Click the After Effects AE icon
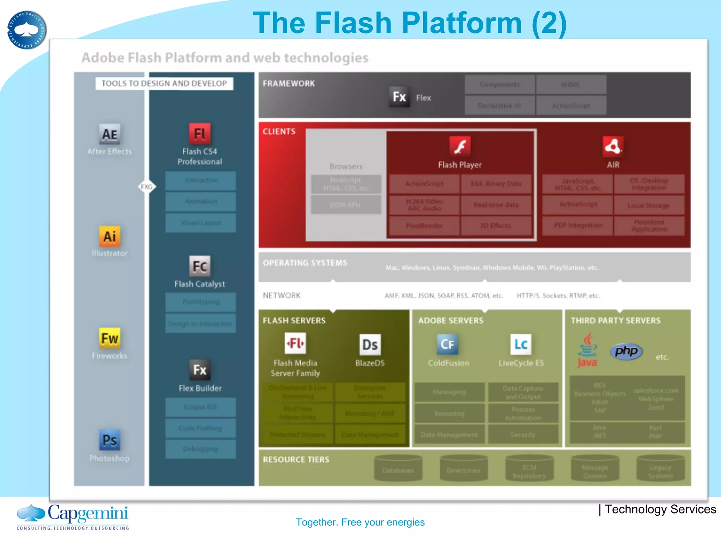[109, 134]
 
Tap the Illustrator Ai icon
[109, 236]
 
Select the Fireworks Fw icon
[109, 338]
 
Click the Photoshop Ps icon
[109, 440]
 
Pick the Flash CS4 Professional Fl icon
[200, 134]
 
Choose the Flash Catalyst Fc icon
[200, 266]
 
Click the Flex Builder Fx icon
[200, 370]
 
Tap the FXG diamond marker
[147, 187]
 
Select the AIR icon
[613, 146]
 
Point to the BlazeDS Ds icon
[370, 344]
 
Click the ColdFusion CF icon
[447, 344]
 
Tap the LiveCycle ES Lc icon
[521, 344]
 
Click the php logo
[626, 351]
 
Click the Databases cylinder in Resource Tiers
[398, 468]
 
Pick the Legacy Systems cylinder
[660, 468]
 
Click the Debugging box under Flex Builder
[200, 449]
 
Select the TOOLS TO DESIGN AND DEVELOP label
[164, 83]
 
